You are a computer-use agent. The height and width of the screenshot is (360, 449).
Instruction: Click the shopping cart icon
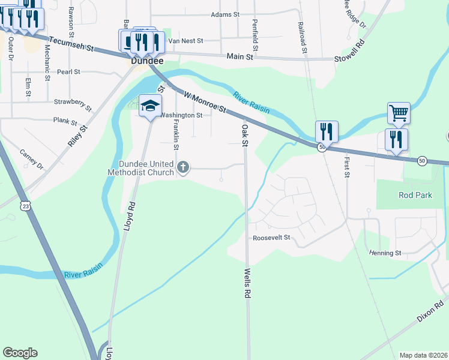[399, 113]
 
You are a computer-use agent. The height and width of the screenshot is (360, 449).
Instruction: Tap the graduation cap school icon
[149, 107]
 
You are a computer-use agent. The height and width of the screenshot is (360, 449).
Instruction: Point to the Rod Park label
[415, 195]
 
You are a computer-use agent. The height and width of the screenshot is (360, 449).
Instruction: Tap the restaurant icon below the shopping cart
[396, 140]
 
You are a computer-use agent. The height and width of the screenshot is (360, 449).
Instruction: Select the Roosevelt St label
[271, 238]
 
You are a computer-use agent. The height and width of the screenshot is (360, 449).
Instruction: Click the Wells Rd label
[247, 284]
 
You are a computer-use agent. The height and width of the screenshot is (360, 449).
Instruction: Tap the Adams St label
[225, 14]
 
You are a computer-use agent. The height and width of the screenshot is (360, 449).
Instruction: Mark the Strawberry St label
[73, 105]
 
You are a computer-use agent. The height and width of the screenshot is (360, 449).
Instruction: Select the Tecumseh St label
[73, 43]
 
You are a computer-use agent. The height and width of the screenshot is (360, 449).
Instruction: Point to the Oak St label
[244, 135]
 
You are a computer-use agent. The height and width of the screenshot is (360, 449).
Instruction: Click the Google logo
[20, 353]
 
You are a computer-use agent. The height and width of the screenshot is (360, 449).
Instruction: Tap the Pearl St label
[69, 72]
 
